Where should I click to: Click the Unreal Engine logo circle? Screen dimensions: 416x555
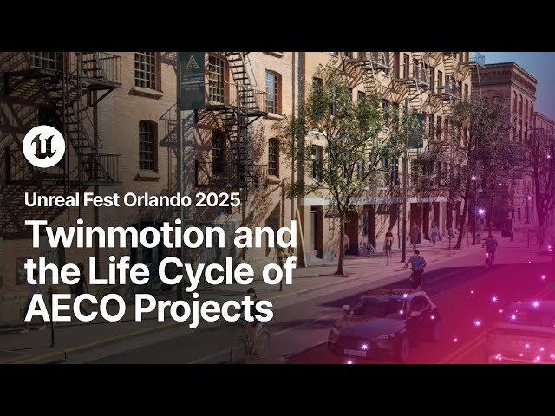point(43,146)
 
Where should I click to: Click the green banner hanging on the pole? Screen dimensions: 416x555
point(192,80)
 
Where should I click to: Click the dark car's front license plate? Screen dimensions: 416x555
point(355,352)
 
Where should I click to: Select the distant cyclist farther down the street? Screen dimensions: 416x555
point(490,247)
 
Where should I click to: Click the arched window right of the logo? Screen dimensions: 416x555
point(147,144)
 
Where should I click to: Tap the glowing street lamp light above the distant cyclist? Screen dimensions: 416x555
point(480,211)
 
